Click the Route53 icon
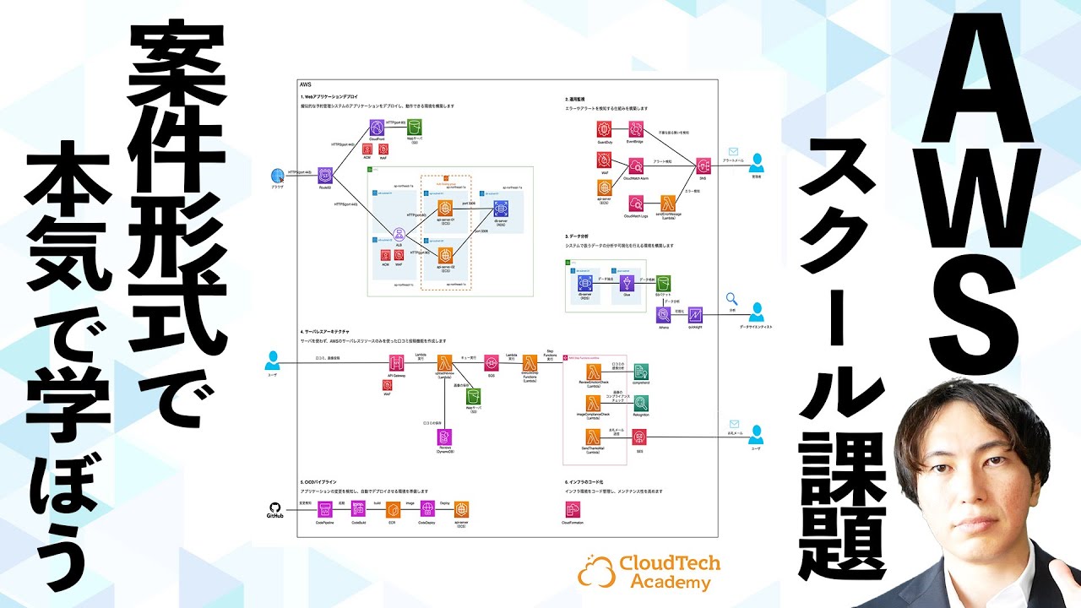coord(323,175)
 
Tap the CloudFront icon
coord(377,128)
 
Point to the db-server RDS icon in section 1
coord(499,207)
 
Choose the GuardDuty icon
coord(605,129)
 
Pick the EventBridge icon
coord(635,129)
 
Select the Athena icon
coord(665,315)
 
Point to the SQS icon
coord(491,363)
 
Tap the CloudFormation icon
coord(573,509)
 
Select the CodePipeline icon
coord(324,510)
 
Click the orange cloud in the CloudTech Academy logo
coord(596,572)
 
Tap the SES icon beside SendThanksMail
coord(640,437)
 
